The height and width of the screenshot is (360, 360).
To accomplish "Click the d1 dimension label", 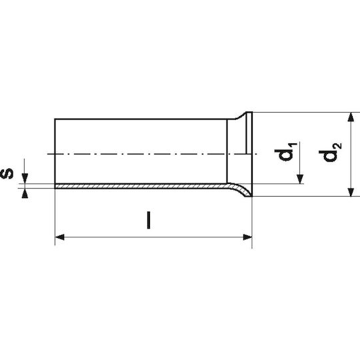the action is [x=286, y=151].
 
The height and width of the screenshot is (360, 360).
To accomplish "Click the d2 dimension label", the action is [x=331, y=152].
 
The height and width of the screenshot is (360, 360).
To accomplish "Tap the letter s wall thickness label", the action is [x=7, y=173].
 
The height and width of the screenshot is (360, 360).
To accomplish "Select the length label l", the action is [x=149, y=220].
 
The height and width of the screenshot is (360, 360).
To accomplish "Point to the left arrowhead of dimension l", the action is [x=60, y=237].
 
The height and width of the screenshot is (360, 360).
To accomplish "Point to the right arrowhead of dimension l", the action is [x=247, y=237].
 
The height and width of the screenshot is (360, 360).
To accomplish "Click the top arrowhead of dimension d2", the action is [x=351, y=117].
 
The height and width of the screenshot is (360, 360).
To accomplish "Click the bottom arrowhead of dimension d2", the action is [x=351, y=192].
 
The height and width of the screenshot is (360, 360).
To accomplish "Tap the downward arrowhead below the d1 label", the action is [x=300, y=179].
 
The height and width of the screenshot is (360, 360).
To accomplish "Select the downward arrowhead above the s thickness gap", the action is [x=25, y=179].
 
